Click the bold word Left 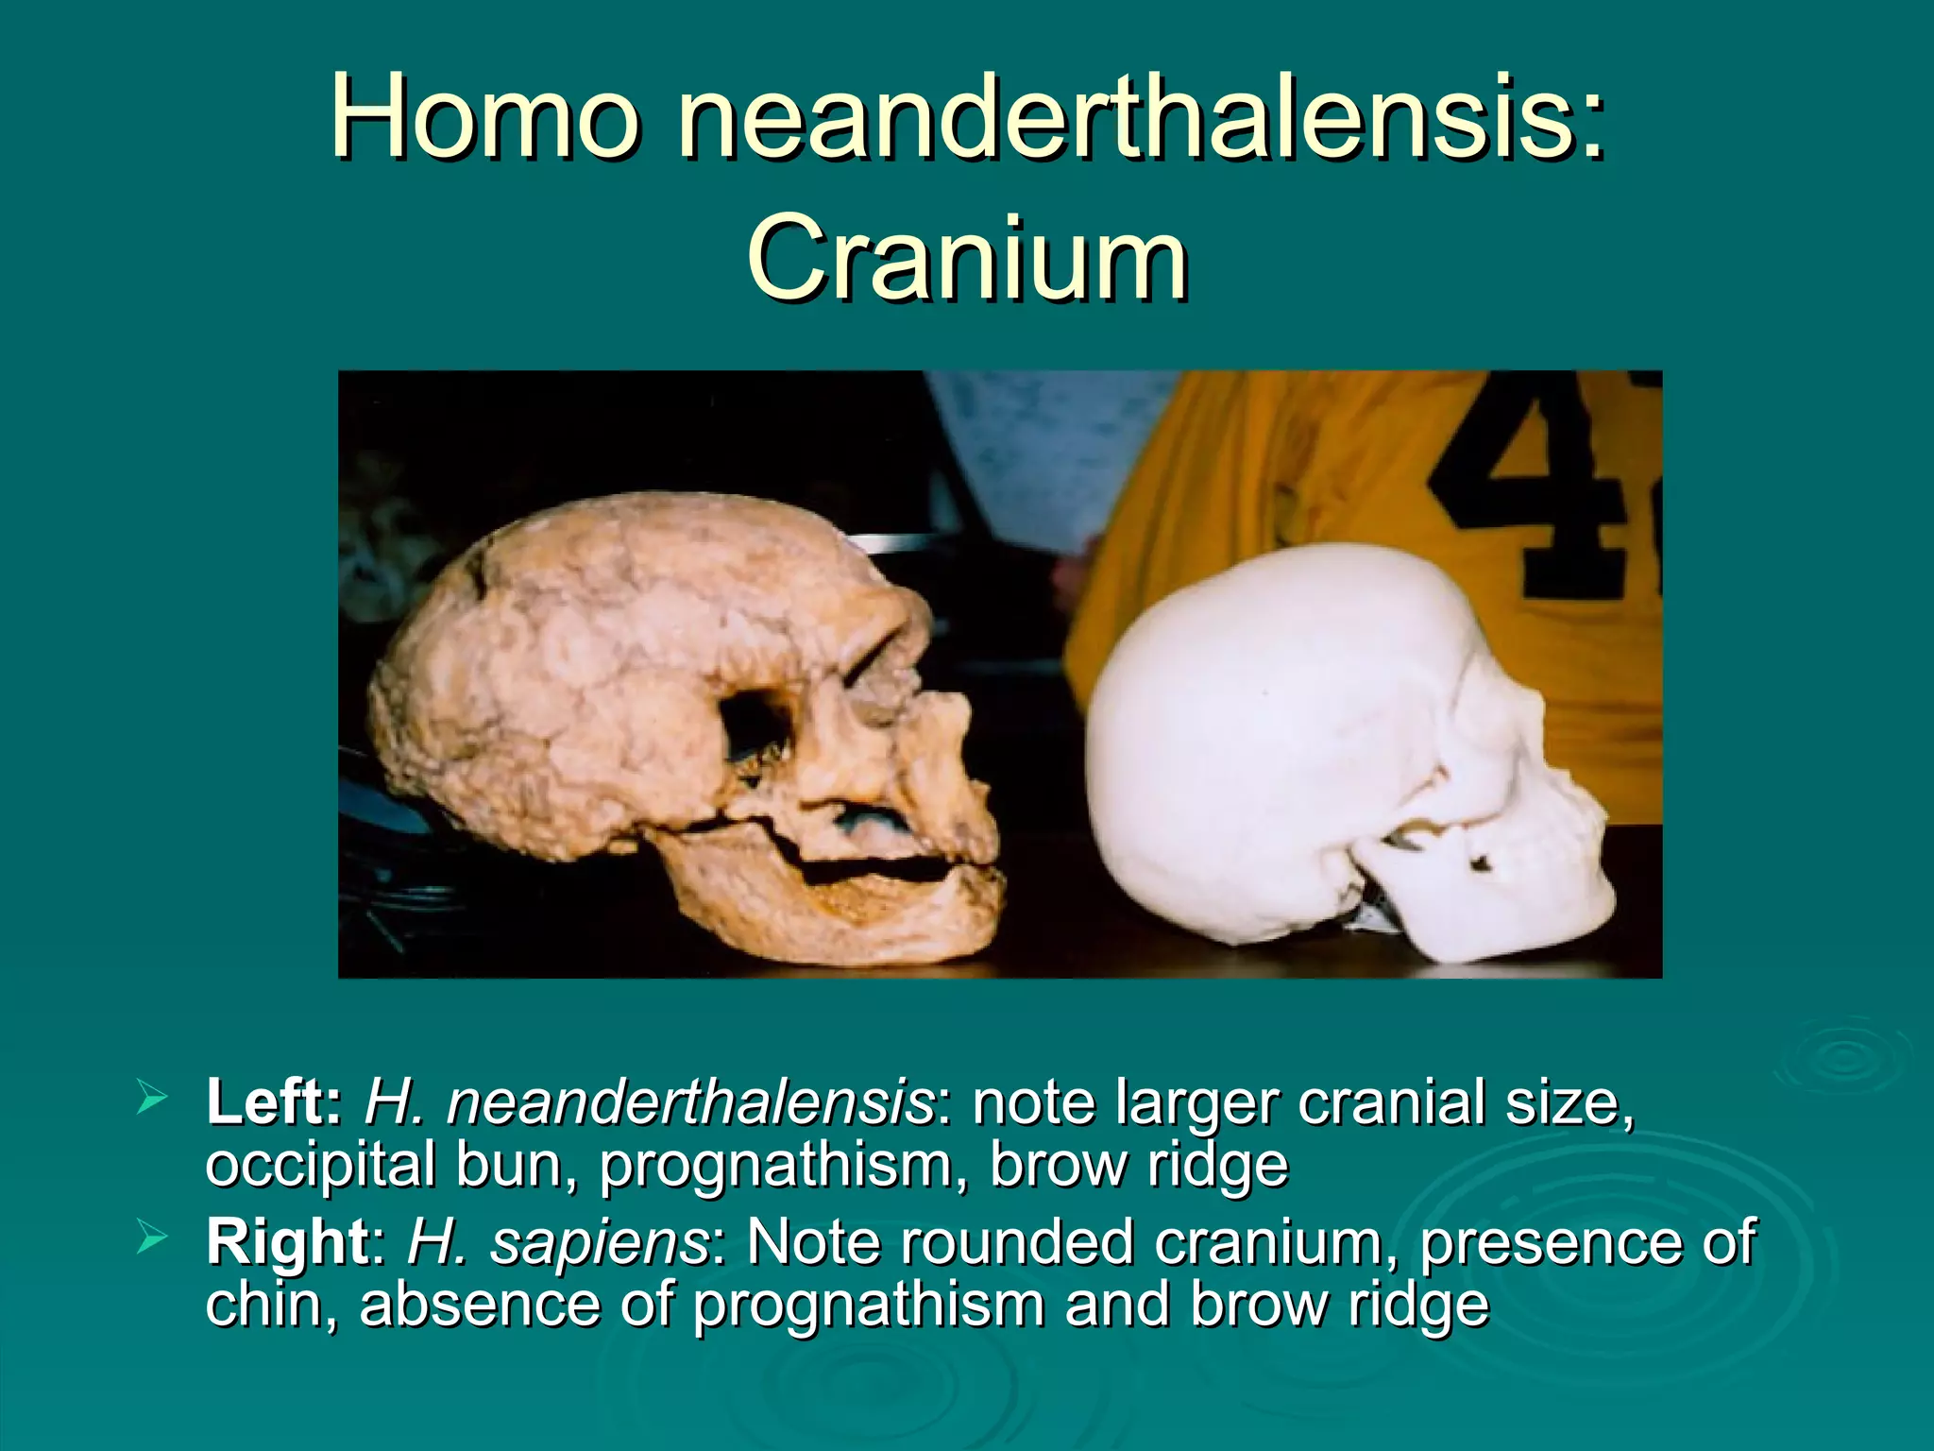coord(273,1102)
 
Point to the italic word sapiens coord(598,1242)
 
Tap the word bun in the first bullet coord(514,1165)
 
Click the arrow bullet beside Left coord(152,1099)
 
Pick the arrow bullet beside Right coord(152,1237)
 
